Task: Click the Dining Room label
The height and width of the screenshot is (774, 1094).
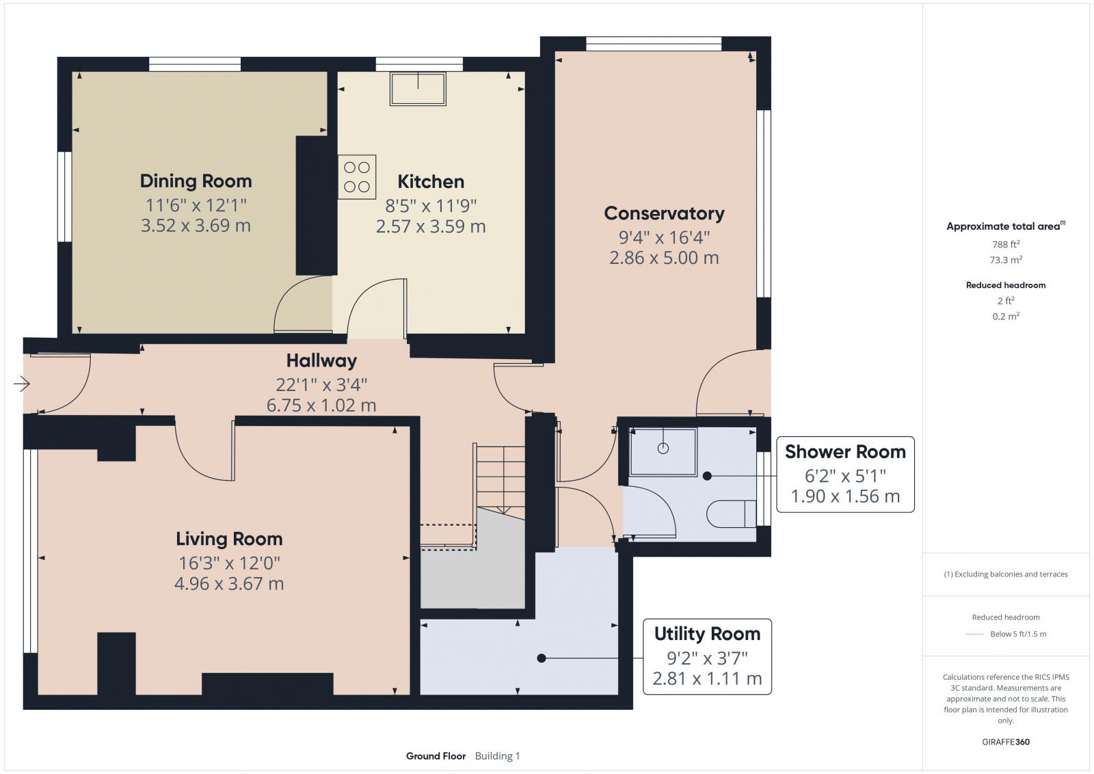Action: pyautogui.click(x=196, y=181)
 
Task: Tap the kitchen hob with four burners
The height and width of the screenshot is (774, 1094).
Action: pyautogui.click(x=357, y=176)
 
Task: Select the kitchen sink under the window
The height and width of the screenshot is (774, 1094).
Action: pyautogui.click(x=418, y=89)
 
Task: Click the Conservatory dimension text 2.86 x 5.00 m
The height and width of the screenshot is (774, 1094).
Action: pyautogui.click(x=664, y=258)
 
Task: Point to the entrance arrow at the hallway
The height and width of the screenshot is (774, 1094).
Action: pyautogui.click(x=22, y=384)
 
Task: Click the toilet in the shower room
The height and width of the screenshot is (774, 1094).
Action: pyautogui.click(x=731, y=513)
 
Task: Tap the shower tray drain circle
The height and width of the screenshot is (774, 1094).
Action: pyautogui.click(x=663, y=449)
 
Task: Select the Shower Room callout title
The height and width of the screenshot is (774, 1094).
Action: pyautogui.click(x=845, y=452)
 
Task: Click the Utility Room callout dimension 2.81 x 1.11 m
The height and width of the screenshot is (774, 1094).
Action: pyautogui.click(x=707, y=678)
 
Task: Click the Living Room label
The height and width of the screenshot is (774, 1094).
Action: pyautogui.click(x=229, y=539)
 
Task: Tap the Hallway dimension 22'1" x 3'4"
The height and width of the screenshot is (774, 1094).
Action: pyautogui.click(x=321, y=384)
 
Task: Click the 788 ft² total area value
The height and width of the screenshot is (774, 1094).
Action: pyautogui.click(x=1006, y=244)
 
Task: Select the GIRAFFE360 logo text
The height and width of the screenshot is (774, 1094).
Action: pyautogui.click(x=1006, y=742)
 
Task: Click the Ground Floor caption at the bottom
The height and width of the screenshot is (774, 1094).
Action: pyautogui.click(x=436, y=756)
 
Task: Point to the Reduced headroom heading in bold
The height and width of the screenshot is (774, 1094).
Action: pyautogui.click(x=1006, y=285)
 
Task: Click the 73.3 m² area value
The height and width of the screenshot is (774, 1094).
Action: pyautogui.click(x=1006, y=260)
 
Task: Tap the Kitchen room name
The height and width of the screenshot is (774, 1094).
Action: pyautogui.click(x=431, y=182)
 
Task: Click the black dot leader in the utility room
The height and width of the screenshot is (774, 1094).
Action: pyautogui.click(x=542, y=658)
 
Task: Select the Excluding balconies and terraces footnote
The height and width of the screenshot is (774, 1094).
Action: pyautogui.click(x=1006, y=574)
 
